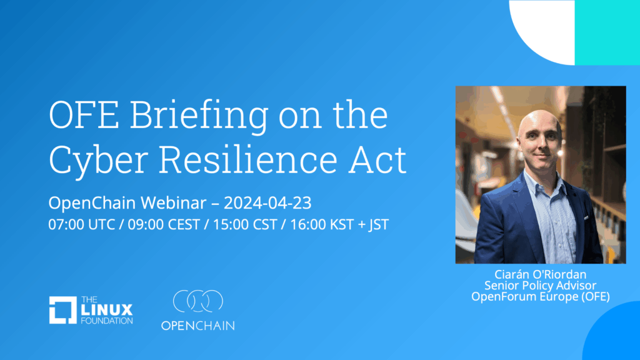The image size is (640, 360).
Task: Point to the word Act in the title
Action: pyautogui.click(x=377, y=159)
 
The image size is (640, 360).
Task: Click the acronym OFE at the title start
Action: pyautogui.click(x=84, y=115)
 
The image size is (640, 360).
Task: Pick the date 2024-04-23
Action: pyautogui.click(x=267, y=203)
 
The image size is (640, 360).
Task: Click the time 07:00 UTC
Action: pyautogui.click(x=82, y=224)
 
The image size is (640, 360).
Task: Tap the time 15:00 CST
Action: pyautogui.click(x=245, y=224)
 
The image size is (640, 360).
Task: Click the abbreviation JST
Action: pyautogui.click(x=379, y=225)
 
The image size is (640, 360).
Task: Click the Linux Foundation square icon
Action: pyautogui.click(x=63, y=310)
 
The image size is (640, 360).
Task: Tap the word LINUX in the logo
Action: pyautogui.click(x=107, y=310)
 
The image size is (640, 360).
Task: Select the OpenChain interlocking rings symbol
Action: pyautogui.click(x=198, y=301)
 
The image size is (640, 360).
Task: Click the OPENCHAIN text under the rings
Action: pyautogui.click(x=198, y=326)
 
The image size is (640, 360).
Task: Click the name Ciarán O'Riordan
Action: pyautogui.click(x=541, y=274)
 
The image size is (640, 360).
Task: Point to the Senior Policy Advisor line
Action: pyautogui.click(x=541, y=285)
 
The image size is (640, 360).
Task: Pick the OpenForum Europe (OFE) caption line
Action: pyautogui.click(x=541, y=296)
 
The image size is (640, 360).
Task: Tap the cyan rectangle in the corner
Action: pyautogui.click(x=607, y=32)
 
